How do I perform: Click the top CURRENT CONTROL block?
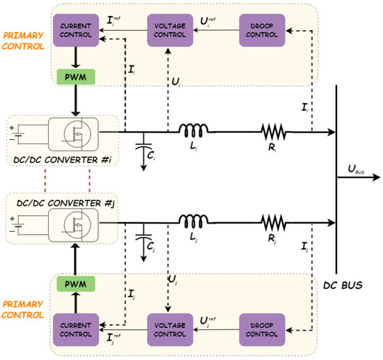72,30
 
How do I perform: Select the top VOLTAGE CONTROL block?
167,30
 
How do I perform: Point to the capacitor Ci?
144,148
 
